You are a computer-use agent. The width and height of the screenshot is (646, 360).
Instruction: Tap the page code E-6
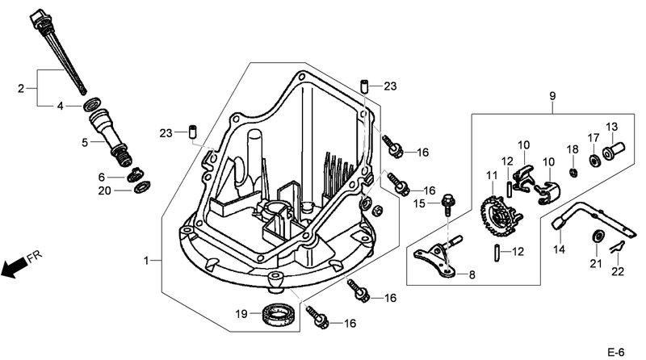pos(618,351)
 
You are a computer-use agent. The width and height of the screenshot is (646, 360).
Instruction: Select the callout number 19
pos(241,313)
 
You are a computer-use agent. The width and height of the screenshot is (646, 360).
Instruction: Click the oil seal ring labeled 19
pos(276,313)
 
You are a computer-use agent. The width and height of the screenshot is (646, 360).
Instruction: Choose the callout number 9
pos(552,98)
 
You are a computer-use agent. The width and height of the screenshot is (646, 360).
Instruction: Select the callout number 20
pos(103,190)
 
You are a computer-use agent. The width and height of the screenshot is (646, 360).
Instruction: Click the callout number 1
pos(147,260)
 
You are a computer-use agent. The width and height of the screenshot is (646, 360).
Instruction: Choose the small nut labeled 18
pos(573,171)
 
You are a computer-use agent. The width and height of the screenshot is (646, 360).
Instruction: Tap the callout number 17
pos(593,137)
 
